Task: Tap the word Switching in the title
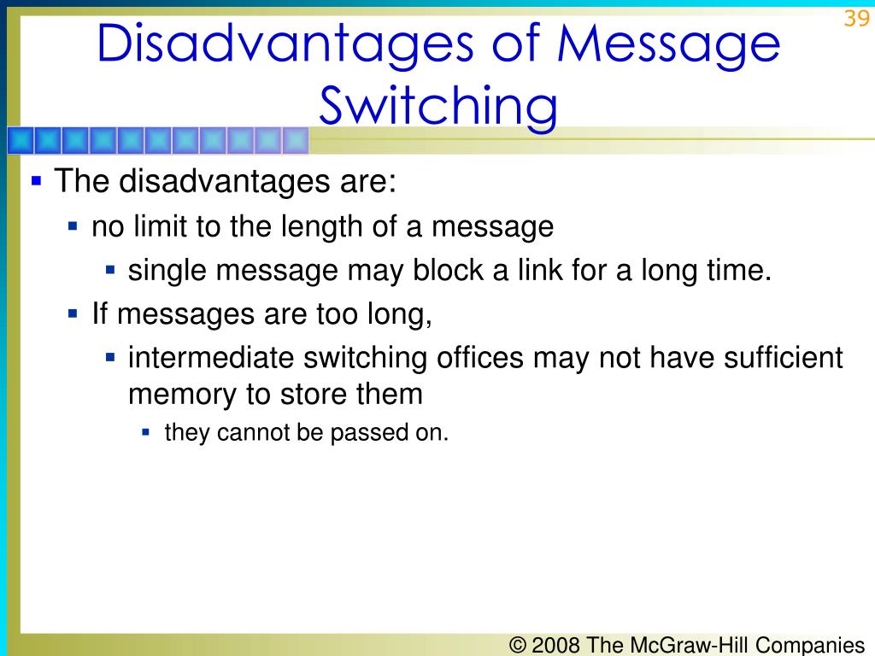(x=437, y=107)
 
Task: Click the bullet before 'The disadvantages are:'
(x=36, y=181)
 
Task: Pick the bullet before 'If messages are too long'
(x=73, y=314)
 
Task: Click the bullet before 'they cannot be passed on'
(x=146, y=432)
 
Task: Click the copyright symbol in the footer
(x=518, y=645)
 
